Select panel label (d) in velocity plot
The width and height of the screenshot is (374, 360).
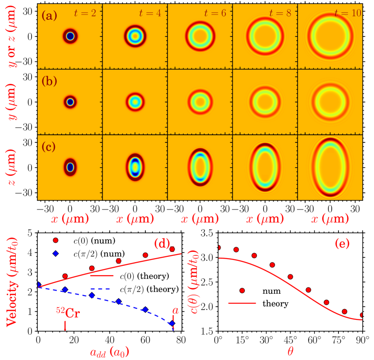point(162,244)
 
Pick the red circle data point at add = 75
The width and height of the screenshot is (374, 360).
point(172,249)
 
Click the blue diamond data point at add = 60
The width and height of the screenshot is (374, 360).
point(145,310)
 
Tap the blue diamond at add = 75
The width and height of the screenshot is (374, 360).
point(172,323)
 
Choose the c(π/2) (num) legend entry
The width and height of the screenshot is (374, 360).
point(102,254)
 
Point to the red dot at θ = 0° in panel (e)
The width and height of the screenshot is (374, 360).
point(219,247)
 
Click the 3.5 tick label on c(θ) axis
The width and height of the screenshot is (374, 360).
point(207,234)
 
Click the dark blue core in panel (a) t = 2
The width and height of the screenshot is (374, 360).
point(70,36)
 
